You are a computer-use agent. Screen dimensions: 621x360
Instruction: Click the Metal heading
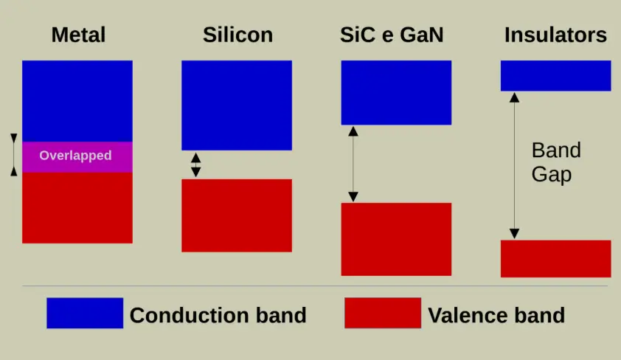tap(78, 35)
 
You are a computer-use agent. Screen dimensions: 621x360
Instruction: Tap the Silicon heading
tap(237, 35)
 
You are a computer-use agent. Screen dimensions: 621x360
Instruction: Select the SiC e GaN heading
tap(392, 35)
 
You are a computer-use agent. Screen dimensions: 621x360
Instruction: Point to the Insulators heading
tap(555, 35)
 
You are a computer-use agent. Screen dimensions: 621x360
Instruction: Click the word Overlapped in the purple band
tap(75, 156)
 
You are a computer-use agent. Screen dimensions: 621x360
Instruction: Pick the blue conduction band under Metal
tap(77, 101)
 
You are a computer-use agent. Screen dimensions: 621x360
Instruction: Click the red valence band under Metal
tap(77, 208)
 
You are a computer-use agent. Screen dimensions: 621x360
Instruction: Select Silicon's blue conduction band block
tap(237, 105)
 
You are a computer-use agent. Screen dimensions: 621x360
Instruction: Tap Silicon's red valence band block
tap(237, 215)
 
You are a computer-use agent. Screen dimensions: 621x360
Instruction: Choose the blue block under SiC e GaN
tap(396, 93)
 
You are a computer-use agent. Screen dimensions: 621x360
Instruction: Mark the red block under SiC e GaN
tap(396, 239)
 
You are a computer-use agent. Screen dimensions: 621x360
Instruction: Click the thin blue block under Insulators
tap(555, 76)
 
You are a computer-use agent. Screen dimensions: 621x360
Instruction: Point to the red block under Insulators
tap(555, 259)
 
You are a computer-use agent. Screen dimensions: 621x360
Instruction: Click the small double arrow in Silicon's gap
tap(195, 165)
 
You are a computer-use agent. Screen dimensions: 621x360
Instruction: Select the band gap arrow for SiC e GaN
tap(353, 164)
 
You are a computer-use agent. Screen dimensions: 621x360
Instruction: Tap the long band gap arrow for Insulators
tap(514, 165)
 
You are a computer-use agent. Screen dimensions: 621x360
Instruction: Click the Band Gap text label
tap(556, 162)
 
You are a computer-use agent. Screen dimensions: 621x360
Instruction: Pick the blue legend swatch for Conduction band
tap(85, 314)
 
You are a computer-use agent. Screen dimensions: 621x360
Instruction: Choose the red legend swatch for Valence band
tap(383, 314)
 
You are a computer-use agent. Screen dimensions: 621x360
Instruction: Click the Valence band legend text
tap(496, 315)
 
